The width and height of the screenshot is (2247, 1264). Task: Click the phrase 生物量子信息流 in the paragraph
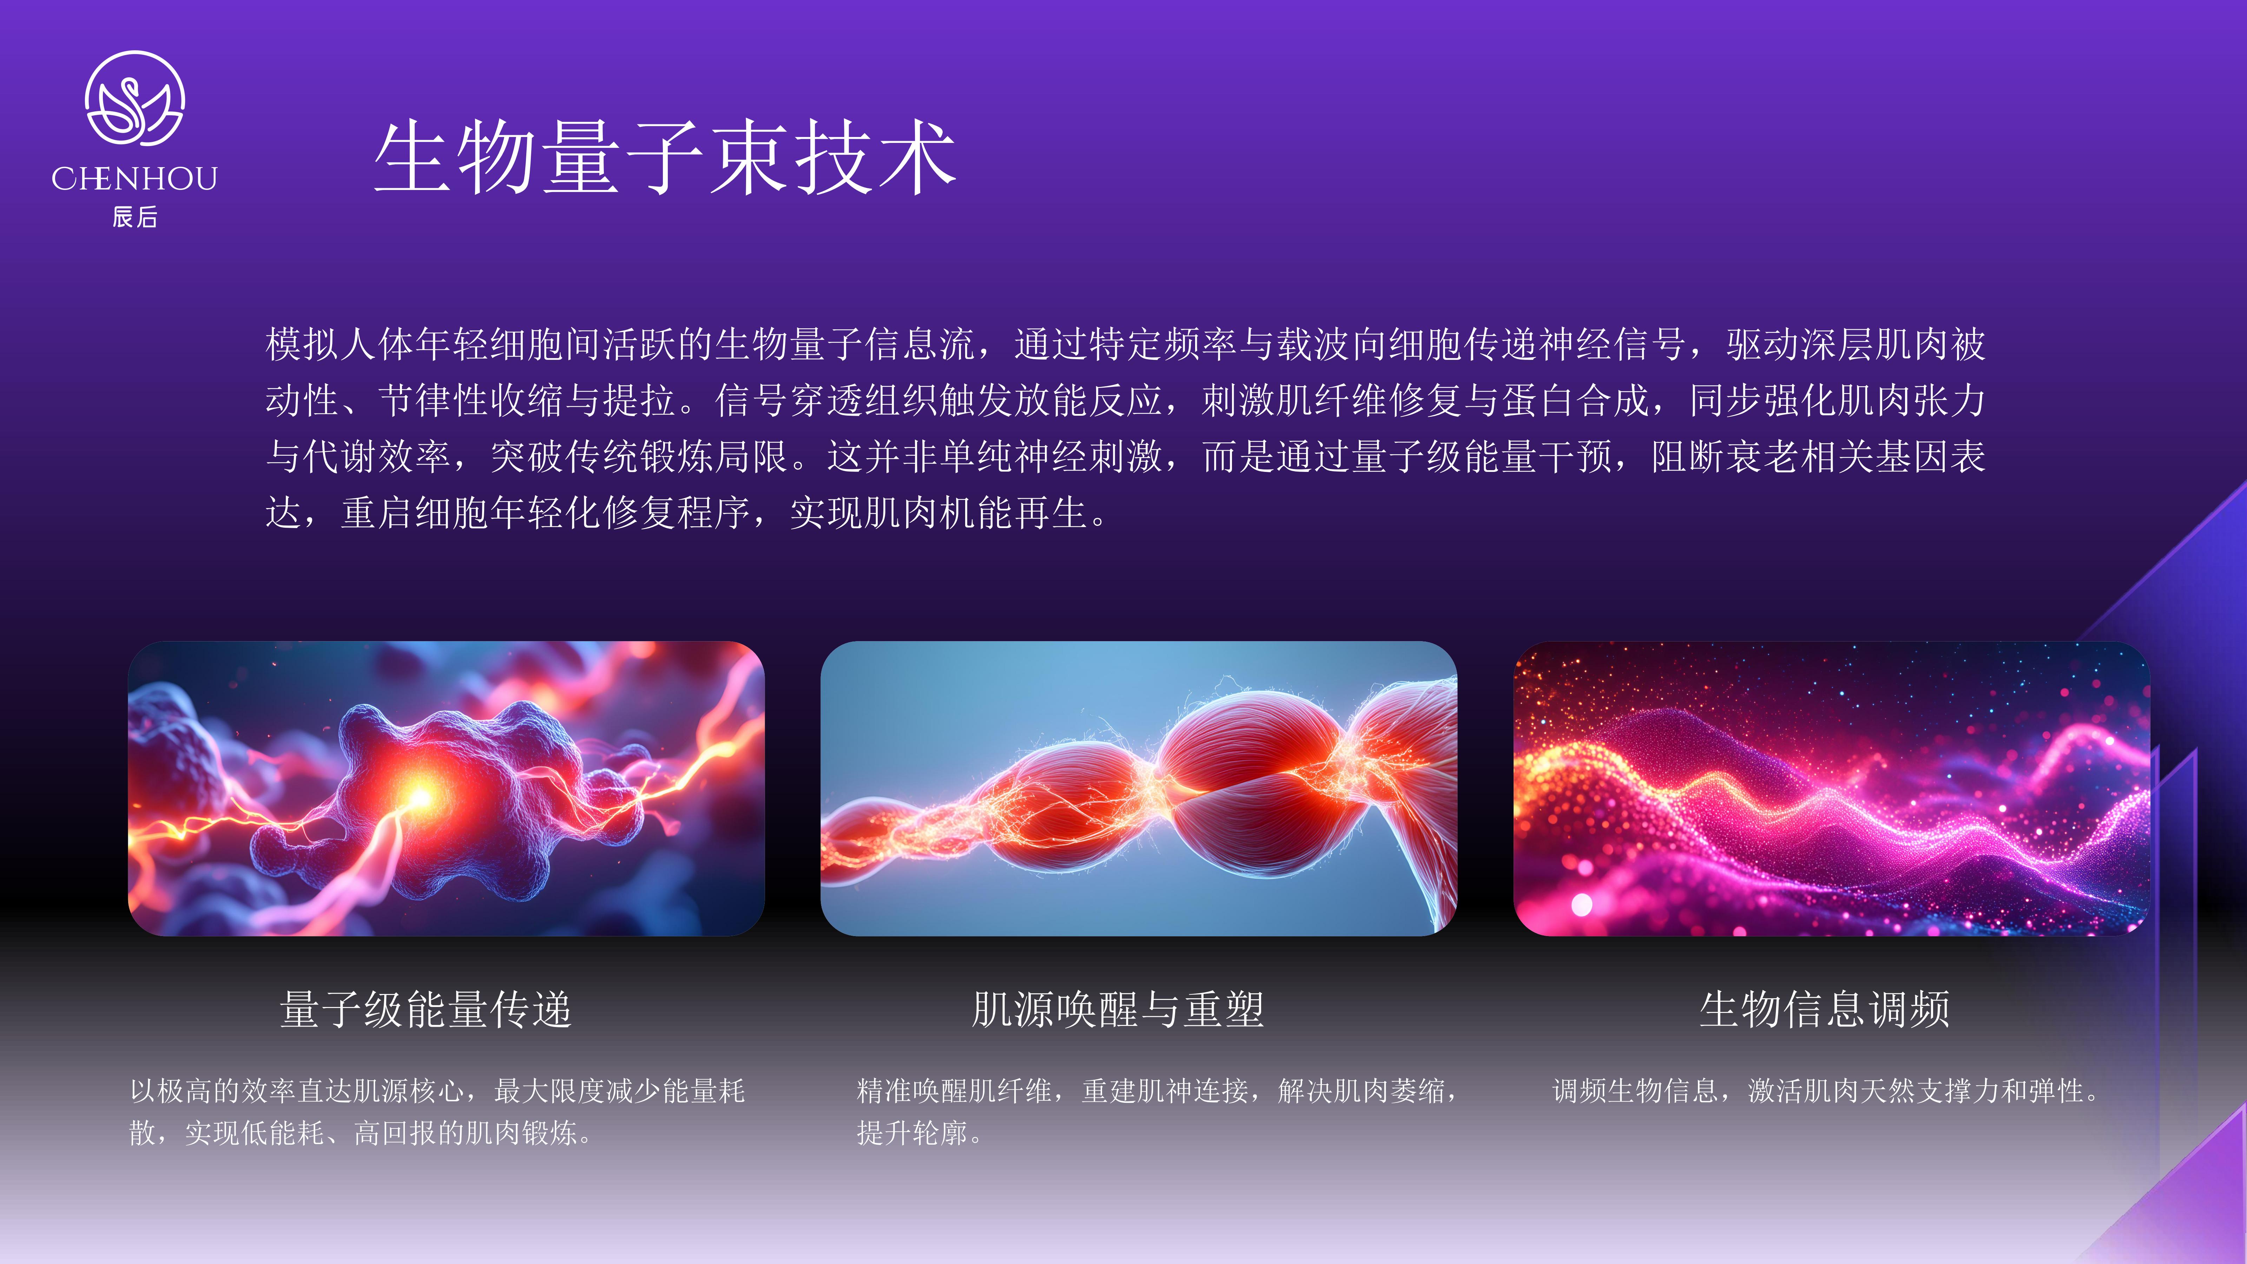(x=844, y=344)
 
